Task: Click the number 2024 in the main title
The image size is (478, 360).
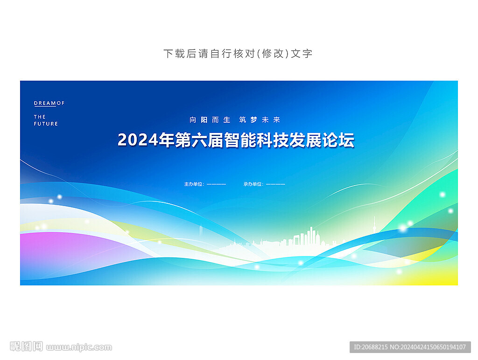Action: pyautogui.click(x=138, y=140)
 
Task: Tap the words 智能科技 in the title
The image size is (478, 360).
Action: pyautogui.click(x=248, y=140)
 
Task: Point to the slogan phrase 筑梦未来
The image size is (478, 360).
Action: pyautogui.click(x=260, y=120)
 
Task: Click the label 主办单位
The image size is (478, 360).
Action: pyautogui.click(x=194, y=184)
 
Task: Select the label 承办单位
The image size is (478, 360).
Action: pyautogui.click(x=253, y=184)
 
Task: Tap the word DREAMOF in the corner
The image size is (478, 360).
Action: pyautogui.click(x=49, y=103)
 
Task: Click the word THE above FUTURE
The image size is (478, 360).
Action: pyautogui.click(x=40, y=117)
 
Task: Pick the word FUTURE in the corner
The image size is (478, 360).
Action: pyautogui.click(x=46, y=124)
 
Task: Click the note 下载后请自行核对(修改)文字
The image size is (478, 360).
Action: pyautogui.click(x=238, y=54)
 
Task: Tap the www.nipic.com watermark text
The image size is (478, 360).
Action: pyautogui.click(x=79, y=347)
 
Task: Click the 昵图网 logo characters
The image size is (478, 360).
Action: pyautogui.click(x=26, y=346)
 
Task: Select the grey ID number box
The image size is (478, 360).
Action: pyautogui.click(x=410, y=347)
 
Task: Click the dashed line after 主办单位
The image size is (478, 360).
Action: pyautogui.click(x=216, y=184)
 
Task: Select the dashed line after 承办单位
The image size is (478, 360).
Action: pyautogui.click(x=275, y=184)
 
